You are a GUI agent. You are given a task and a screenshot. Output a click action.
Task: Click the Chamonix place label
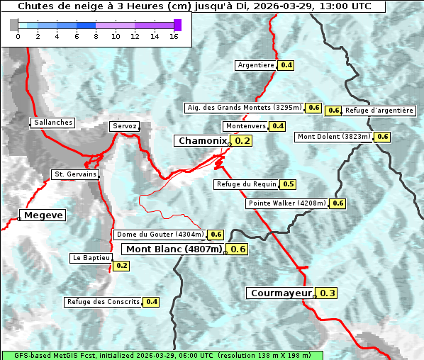pos(202,141)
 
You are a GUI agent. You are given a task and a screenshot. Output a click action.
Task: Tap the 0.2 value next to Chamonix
pos(242,141)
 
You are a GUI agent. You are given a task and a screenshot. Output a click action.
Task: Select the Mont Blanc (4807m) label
pos(174,249)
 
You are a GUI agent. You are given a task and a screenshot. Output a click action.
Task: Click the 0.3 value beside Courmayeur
pos(327,293)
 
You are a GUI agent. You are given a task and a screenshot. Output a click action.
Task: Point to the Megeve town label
pos(43,215)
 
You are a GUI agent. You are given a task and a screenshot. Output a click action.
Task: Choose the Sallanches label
pos(52,123)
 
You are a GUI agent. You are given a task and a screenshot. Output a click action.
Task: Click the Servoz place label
pos(125,126)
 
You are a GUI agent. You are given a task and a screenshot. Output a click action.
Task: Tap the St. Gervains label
pos(76,174)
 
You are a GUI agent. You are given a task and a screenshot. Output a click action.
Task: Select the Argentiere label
pos(256,65)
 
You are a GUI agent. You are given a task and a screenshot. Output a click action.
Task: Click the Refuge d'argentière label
pos(379,111)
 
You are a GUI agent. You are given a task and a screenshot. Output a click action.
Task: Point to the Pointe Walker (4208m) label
pos(287,203)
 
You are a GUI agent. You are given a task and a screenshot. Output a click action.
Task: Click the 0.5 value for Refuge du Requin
pos(288,184)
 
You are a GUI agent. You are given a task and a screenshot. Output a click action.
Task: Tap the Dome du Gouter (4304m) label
pos(160,235)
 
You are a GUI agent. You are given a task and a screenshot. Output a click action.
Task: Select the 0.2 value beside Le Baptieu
pos(121,266)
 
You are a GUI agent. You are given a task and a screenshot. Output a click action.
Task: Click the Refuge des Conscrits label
pos(104,302)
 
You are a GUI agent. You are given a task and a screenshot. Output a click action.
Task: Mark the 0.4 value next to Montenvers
pos(278,126)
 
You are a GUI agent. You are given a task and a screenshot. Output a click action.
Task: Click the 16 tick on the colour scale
pos(174,36)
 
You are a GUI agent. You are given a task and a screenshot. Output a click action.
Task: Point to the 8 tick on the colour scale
pos(96,36)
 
